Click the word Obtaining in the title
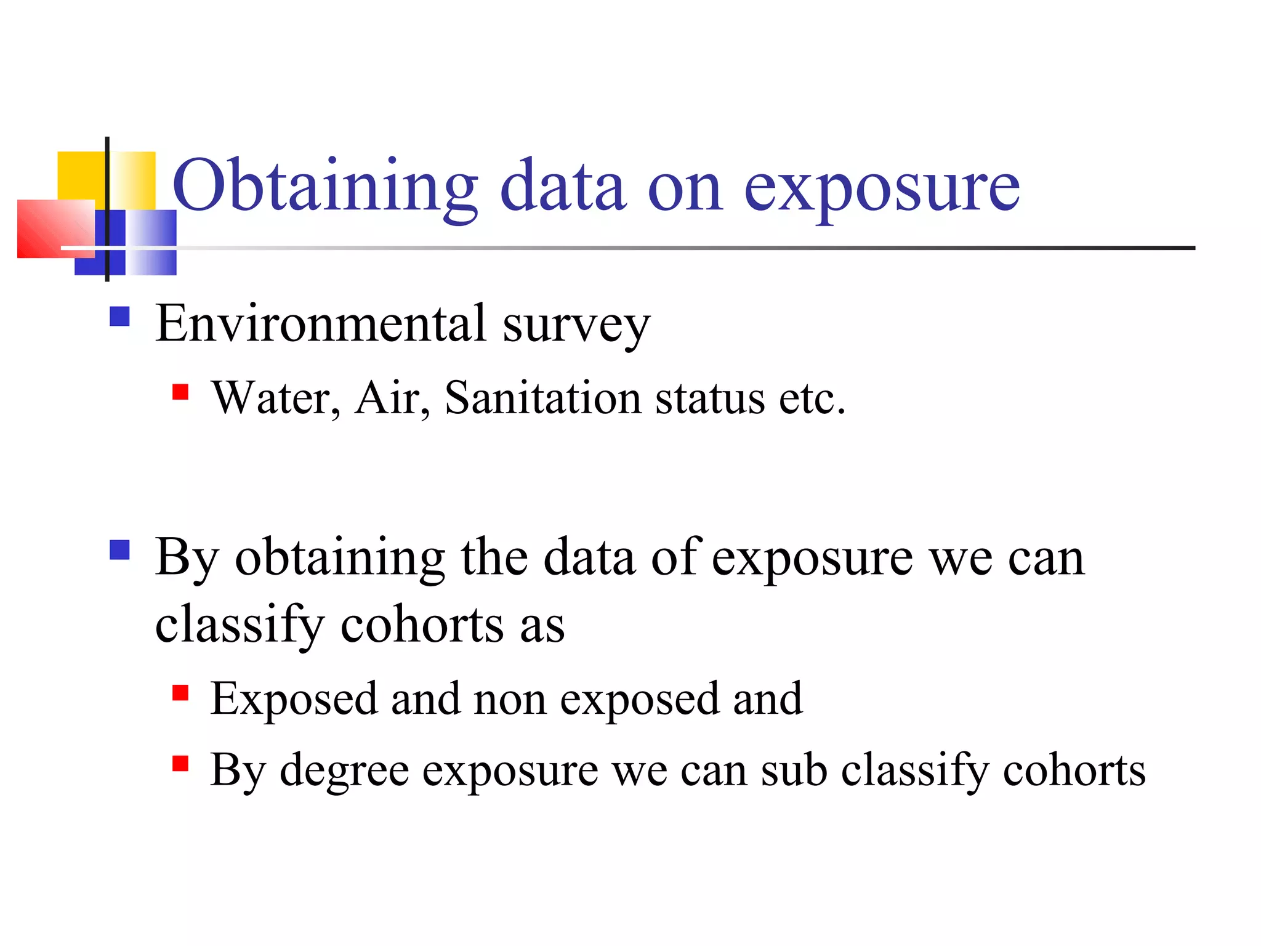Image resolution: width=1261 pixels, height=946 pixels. point(325,187)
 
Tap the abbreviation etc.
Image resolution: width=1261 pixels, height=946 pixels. point(812,399)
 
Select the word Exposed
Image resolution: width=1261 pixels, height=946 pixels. point(294,700)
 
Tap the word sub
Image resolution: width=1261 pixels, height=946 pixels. point(794,770)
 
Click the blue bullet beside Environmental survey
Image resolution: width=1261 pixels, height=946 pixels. point(119,317)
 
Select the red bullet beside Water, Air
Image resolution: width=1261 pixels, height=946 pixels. point(180,392)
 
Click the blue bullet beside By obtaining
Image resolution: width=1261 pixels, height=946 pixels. point(119,549)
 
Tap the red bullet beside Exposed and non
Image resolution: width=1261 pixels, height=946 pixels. point(180,693)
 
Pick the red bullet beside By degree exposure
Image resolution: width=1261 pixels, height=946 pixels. point(180,764)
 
